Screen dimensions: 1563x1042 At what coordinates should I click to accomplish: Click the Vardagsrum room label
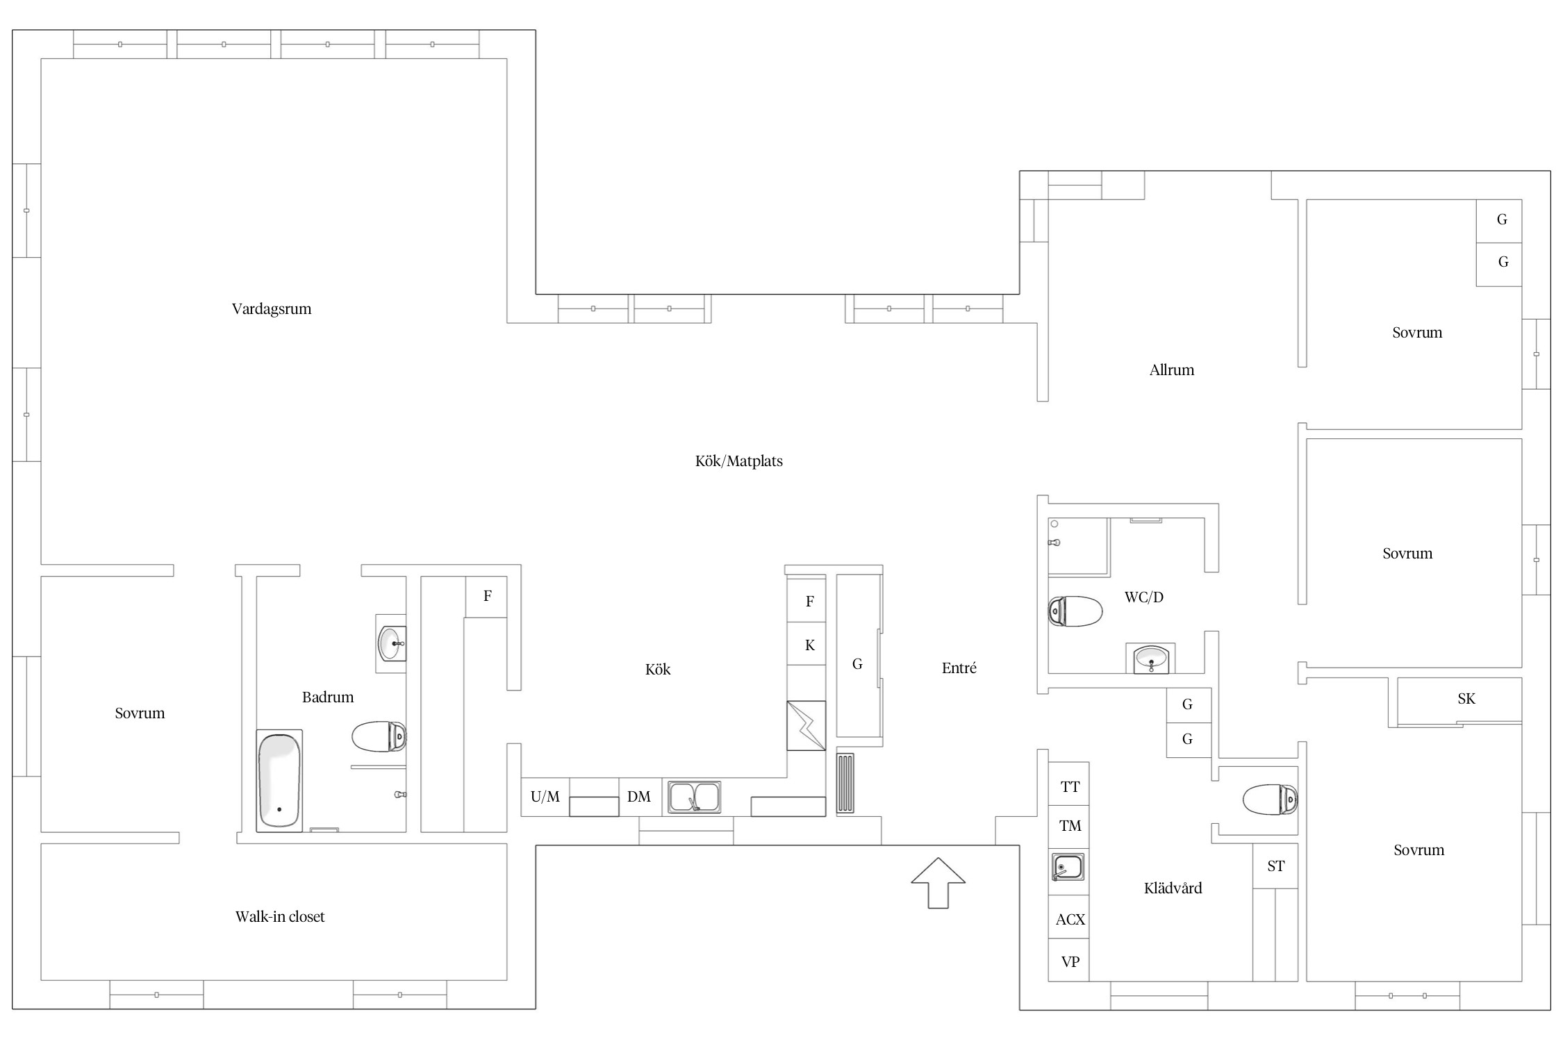(x=272, y=309)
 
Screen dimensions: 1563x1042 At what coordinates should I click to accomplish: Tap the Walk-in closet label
(x=280, y=917)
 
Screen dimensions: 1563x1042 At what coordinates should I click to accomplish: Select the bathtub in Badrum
(x=279, y=780)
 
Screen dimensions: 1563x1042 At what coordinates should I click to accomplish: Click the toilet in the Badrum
(x=379, y=736)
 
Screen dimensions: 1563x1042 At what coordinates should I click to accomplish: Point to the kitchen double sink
(x=694, y=797)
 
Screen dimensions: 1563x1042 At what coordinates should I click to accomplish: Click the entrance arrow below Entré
(x=938, y=883)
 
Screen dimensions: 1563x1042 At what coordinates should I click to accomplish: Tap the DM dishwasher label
(x=639, y=797)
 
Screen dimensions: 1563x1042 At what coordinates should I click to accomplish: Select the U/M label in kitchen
(x=545, y=797)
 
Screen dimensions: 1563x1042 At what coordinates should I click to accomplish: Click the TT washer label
(x=1070, y=787)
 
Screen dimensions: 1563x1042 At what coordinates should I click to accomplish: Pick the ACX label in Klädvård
(x=1070, y=920)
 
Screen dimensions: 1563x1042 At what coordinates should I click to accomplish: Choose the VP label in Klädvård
(x=1070, y=962)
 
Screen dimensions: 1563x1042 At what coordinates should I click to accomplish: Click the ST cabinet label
(x=1276, y=866)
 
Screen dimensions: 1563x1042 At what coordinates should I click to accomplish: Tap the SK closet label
(x=1466, y=699)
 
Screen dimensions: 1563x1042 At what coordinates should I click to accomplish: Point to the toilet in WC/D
(x=1075, y=611)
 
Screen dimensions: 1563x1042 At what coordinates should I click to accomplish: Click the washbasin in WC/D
(x=1152, y=658)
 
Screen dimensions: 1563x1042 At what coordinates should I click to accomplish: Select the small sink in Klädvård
(x=1068, y=867)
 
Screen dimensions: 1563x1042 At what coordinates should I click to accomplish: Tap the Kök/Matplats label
(x=739, y=461)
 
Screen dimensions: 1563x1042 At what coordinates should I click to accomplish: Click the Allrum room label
(x=1172, y=370)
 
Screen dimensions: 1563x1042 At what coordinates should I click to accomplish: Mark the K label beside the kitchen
(x=810, y=645)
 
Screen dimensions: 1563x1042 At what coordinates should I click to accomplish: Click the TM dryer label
(x=1070, y=826)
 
